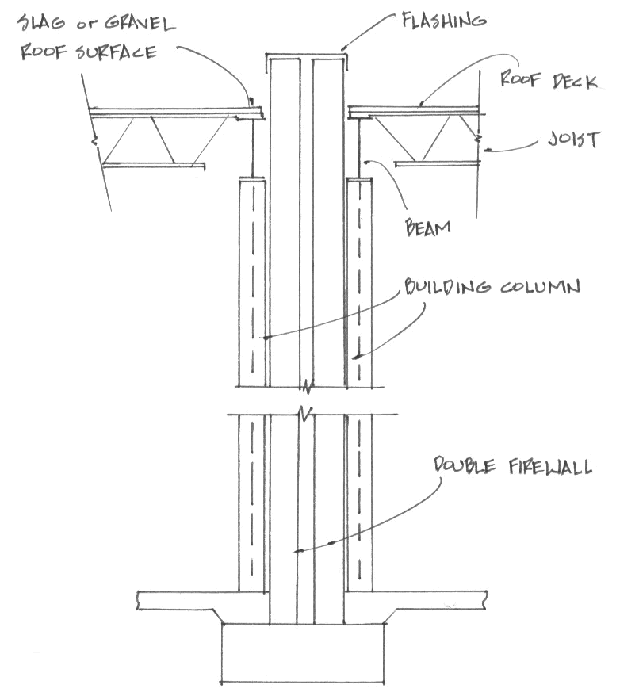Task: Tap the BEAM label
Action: tap(427, 227)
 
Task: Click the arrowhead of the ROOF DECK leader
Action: tap(420, 104)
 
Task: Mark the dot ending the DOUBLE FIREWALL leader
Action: tap(295, 550)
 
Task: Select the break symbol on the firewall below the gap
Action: tap(304, 412)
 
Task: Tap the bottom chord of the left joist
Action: tap(155, 166)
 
